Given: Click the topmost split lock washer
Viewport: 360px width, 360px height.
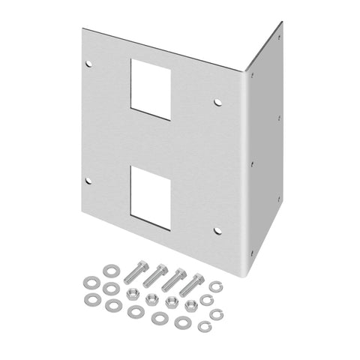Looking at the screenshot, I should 214,286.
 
